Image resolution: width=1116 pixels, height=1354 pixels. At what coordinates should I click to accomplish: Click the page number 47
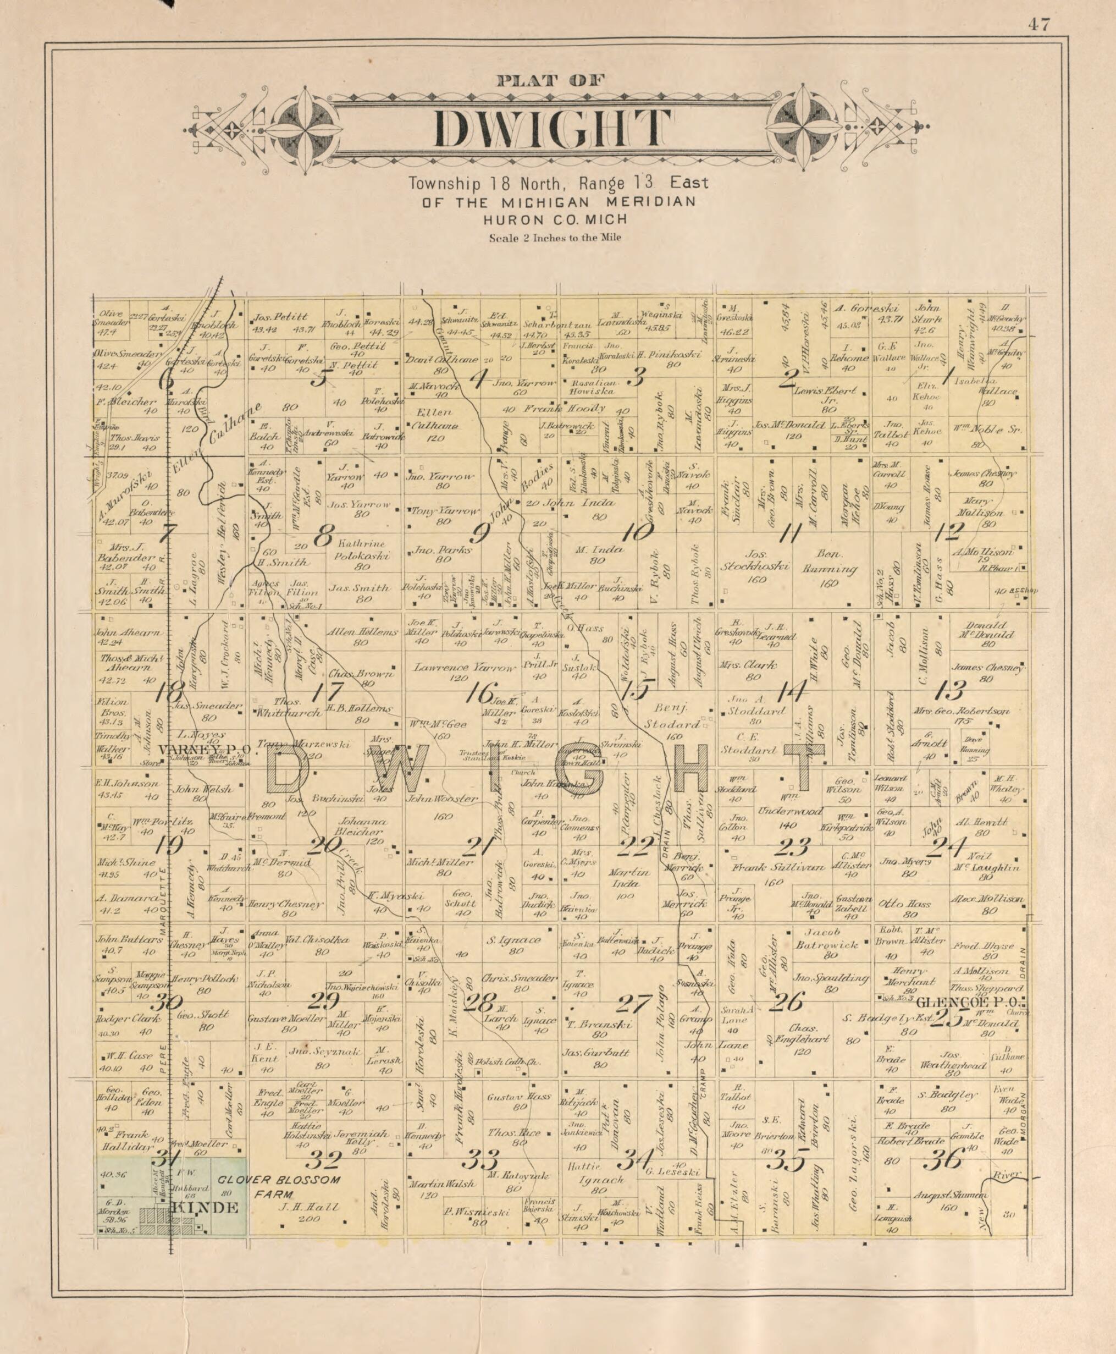pos(1038,25)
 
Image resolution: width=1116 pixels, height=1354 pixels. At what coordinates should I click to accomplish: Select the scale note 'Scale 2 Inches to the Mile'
pos(555,237)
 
